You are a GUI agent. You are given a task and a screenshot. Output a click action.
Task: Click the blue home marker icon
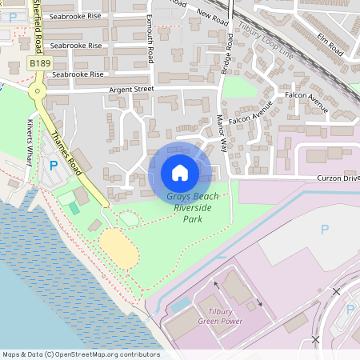point(180,172)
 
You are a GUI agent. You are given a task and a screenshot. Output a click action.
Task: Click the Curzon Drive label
point(338,178)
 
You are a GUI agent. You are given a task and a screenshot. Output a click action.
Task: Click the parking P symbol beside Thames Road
point(54,166)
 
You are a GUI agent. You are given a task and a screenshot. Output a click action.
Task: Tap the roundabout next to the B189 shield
point(37,92)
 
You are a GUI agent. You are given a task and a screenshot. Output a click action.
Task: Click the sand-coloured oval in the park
point(119,248)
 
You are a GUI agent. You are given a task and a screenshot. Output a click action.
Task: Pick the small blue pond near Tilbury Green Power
point(182,305)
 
